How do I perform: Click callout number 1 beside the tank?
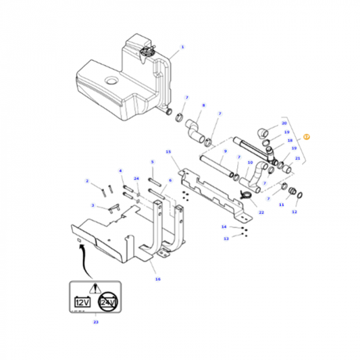pyautogui.click(x=181, y=49)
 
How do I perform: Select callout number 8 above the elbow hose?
pyautogui.click(x=203, y=106)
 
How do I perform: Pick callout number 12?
pyautogui.click(x=294, y=212)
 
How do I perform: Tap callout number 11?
pyautogui.click(x=282, y=205)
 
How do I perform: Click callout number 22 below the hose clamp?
pyautogui.click(x=261, y=213)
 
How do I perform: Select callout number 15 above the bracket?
pyautogui.click(x=169, y=153)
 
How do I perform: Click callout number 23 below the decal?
pyautogui.click(x=95, y=323)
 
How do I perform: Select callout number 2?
pyautogui.click(x=87, y=181)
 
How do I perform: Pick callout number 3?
pyautogui.click(x=93, y=205)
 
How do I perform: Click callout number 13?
pyautogui.click(x=226, y=238)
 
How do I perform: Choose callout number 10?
pyautogui.click(x=250, y=163)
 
